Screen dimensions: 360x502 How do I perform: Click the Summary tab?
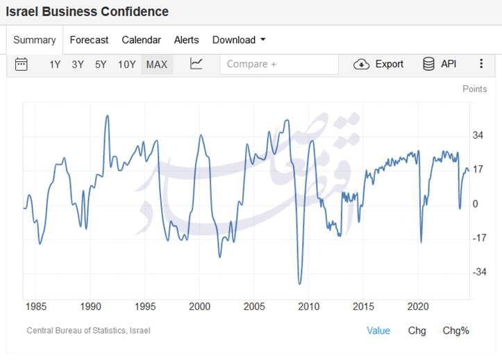click(34, 40)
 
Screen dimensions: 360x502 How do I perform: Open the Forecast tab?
click(89, 40)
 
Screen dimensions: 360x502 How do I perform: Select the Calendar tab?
click(141, 40)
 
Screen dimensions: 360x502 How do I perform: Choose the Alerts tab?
click(186, 40)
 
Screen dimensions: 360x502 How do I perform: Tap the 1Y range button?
click(55, 65)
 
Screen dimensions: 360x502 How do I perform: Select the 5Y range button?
click(101, 65)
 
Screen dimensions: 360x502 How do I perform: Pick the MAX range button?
click(156, 65)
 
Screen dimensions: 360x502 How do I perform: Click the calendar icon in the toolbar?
click(22, 64)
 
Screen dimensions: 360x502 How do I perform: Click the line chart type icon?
click(196, 64)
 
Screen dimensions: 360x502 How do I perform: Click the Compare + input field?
click(279, 64)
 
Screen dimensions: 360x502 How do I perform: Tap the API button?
click(440, 64)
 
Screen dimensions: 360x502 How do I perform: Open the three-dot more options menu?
click(481, 64)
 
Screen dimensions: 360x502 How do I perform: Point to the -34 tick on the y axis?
click(480, 272)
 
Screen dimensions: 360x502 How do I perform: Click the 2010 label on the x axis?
click(308, 306)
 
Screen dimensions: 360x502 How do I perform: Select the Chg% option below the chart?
click(455, 331)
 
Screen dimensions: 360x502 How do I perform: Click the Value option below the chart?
click(378, 331)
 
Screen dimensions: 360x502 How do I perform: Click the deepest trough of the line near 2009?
click(299, 284)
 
